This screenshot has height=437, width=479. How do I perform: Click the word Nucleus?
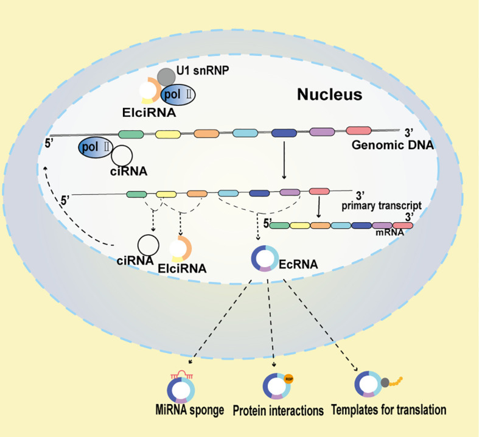[329, 94]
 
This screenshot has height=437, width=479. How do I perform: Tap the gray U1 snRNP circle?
[166, 77]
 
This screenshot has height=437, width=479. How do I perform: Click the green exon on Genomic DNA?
[130, 134]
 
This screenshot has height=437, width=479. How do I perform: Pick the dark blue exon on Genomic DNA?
[283, 133]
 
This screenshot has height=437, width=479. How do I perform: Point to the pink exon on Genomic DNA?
[358, 131]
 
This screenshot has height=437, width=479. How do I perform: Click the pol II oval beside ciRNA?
[97, 147]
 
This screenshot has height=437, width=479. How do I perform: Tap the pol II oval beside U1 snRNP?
[178, 94]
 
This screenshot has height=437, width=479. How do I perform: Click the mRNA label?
[386, 232]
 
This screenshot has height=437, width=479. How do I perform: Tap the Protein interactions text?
[278, 411]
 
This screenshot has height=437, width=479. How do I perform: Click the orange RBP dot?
[288, 378]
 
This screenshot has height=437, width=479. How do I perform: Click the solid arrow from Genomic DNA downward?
[284, 161]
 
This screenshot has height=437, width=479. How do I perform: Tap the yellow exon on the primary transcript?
[165, 194]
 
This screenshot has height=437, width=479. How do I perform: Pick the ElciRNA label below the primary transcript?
[181, 267]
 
